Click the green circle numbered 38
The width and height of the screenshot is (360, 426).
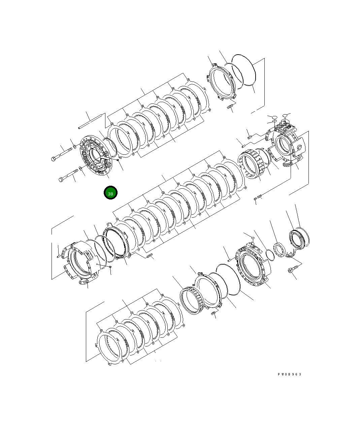[x=110, y=193]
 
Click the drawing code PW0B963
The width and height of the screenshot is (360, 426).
[x=289, y=374]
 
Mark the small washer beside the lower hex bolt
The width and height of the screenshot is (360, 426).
[x=81, y=168]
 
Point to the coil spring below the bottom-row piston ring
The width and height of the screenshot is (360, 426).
[x=214, y=314]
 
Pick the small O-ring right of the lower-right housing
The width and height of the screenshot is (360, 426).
[x=269, y=255]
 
